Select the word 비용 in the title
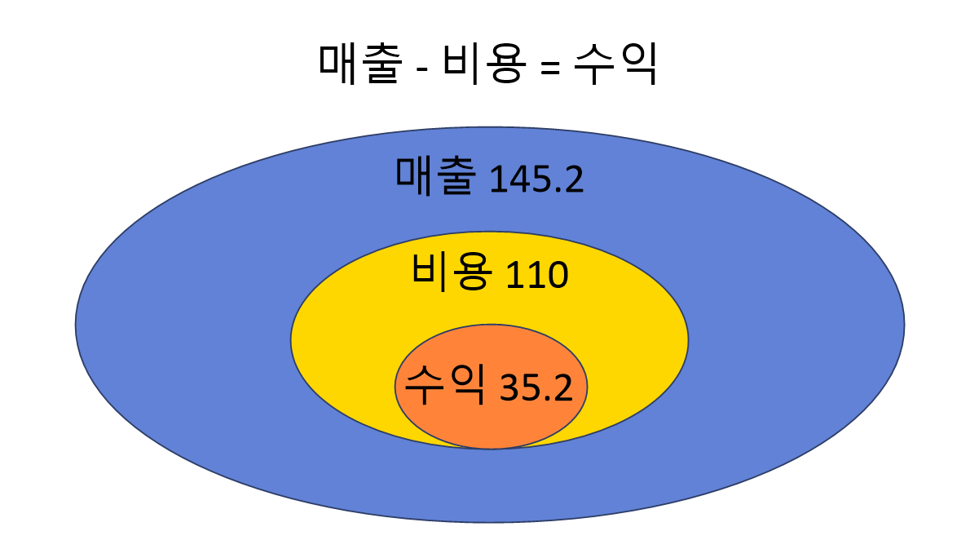click(x=478, y=64)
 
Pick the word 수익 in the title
click(x=615, y=64)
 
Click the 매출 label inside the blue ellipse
click(x=433, y=176)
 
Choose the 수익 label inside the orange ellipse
click(x=446, y=384)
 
